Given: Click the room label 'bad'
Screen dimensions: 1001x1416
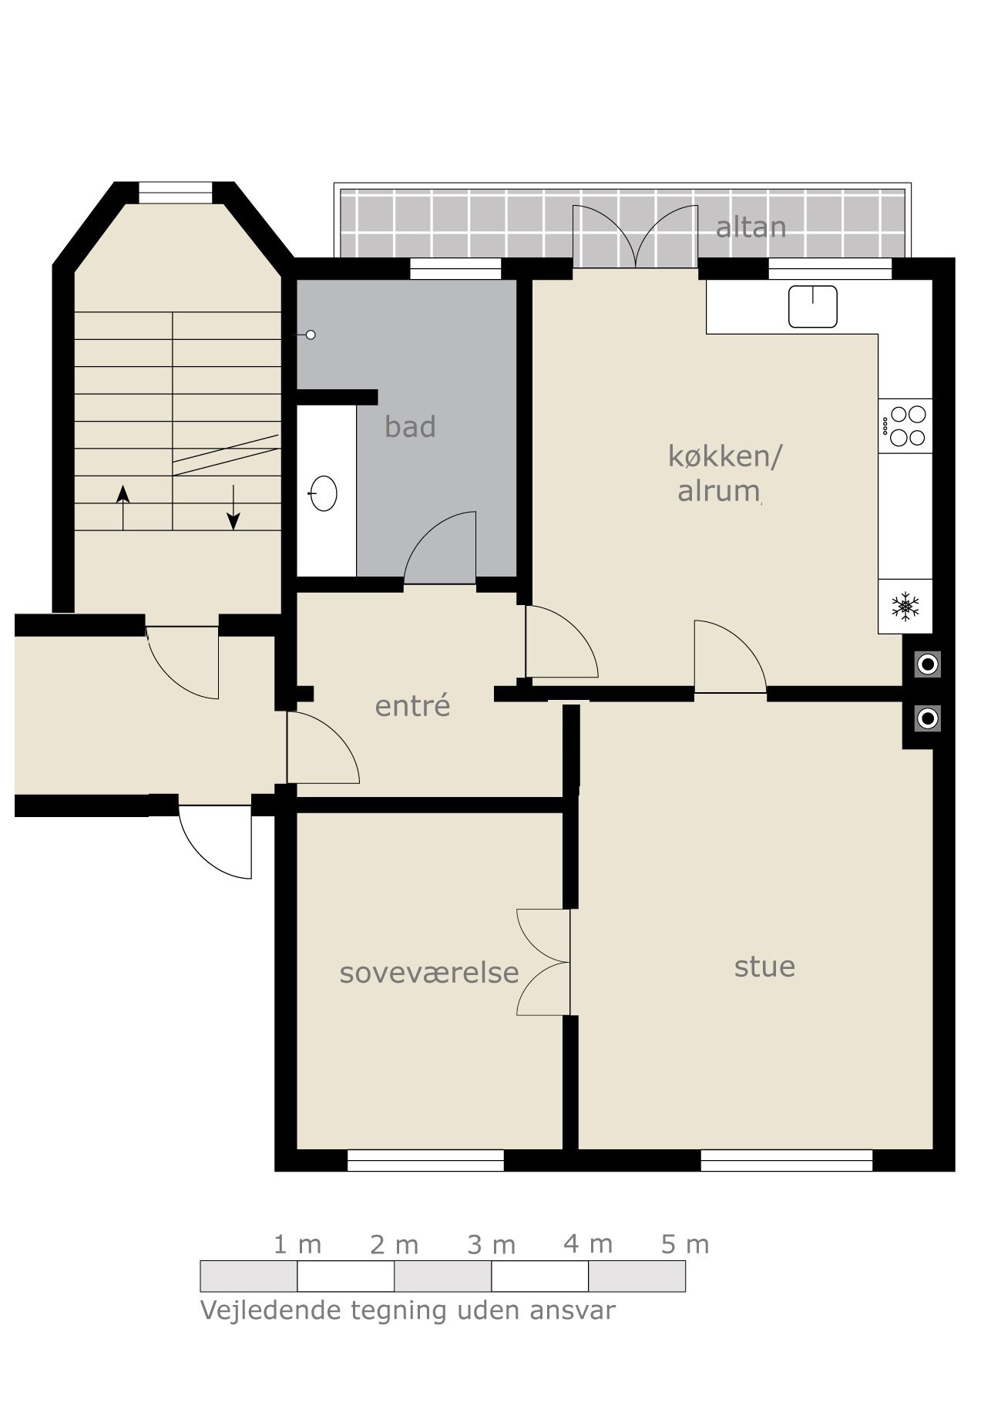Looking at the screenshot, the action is point(410,426).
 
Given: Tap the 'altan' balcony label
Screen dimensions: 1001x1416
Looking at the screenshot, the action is point(751,227).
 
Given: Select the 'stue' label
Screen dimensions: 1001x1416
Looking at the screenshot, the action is point(764,967).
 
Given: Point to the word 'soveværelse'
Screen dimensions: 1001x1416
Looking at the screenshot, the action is point(429,973).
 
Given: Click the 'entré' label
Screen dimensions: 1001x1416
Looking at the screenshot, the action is point(412,705).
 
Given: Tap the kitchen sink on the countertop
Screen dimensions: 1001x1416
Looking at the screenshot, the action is point(813,306).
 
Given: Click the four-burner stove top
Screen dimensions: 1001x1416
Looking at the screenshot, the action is point(905,426).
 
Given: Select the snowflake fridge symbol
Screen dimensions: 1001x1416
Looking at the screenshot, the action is point(905,606).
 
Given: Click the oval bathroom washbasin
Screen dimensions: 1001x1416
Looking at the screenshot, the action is point(323,493).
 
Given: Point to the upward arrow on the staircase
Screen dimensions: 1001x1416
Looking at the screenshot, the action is point(123,508).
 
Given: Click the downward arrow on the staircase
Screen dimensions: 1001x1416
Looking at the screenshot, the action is point(233,508).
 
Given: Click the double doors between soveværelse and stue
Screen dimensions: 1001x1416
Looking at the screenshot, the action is point(543,962).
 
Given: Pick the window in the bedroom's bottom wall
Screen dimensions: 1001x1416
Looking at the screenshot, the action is point(425,1160).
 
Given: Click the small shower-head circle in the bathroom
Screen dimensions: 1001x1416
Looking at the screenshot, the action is point(311,335).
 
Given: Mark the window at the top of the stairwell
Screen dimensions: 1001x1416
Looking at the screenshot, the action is point(175,192).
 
